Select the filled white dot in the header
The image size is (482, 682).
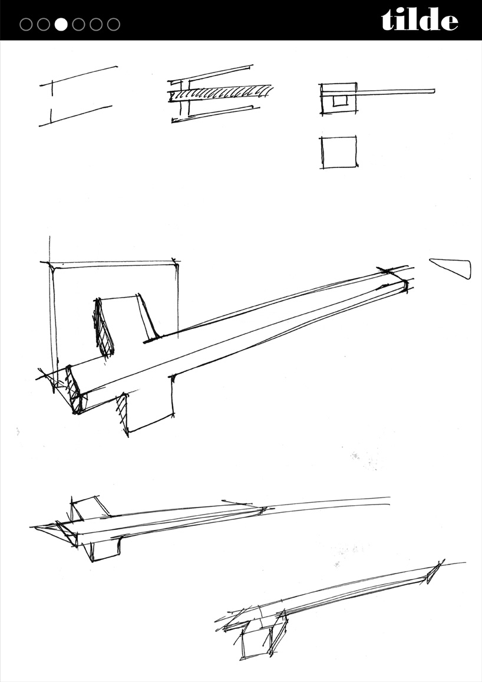(x=61, y=24)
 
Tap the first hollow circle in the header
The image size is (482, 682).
(x=26, y=24)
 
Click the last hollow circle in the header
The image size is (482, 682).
(x=114, y=24)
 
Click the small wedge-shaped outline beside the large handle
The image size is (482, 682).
(x=452, y=268)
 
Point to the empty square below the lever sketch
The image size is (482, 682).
(x=339, y=152)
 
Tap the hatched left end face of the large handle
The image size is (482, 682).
(x=74, y=389)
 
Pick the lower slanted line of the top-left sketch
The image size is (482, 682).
(x=75, y=116)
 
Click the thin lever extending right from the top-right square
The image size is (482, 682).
(x=395, y=92)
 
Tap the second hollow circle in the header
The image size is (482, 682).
(x=44, y=24)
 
